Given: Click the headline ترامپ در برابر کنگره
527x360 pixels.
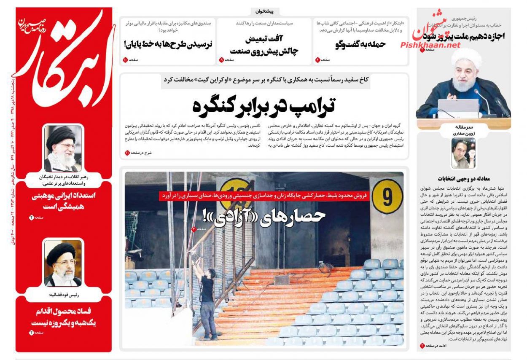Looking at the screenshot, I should [x=265, y=105].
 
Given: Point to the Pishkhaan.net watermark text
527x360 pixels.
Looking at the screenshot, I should [x=430, y=45].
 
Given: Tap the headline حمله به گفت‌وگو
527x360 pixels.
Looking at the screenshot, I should [x=360, y=44].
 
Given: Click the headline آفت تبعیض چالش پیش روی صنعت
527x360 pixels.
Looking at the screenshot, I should [x=265, y=45].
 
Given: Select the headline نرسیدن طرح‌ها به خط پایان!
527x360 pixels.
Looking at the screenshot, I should [x=168, y=43].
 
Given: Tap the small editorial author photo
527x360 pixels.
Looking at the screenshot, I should [x=463, y=153].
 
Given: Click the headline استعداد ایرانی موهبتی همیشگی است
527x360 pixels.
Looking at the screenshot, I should [x=64, y=201].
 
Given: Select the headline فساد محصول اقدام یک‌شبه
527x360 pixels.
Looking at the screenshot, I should [x=64, y=317].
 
